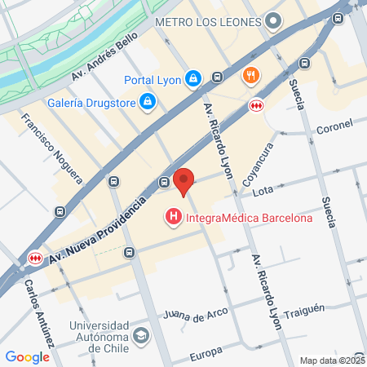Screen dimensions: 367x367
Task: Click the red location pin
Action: pyautogui.click(x=184, y=181)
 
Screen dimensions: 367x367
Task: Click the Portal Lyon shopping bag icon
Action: pyautogui.click(x=192, y=79)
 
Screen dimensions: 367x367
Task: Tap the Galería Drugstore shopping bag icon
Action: pyautogui.click(x=148, y=101)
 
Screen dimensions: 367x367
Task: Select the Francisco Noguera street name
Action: pyautogui.click(x=53, y=147)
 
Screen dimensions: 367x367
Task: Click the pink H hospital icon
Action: pyautogui.click(x=173, y=218)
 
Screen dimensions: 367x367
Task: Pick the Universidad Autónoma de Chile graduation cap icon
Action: pyautogui.click(x=142, y=336)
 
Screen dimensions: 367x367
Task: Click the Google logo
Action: pyautogui.click(x=27, y=356)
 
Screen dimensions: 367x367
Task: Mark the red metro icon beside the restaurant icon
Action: pyautogui.click(x=256, y=105)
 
